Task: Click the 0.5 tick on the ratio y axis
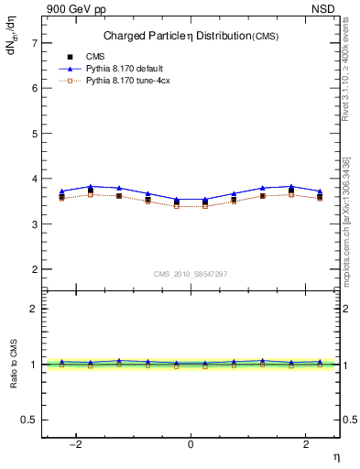(29, 420)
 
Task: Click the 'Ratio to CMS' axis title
(12, 365)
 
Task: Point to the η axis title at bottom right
(335, 456)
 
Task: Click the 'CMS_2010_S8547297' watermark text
(191, 274)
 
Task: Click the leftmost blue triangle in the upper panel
(62, 191)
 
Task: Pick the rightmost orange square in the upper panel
(320, 198)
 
